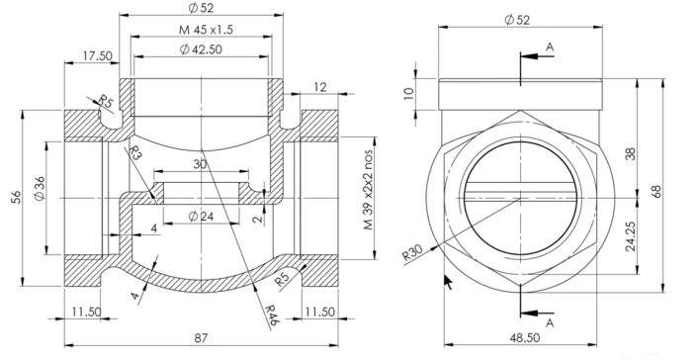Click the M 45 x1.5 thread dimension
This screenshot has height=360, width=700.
[x=206, y=30]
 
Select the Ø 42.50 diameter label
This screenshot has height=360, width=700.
[x=201, y=49]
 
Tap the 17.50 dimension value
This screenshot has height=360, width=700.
[x=97, y=55]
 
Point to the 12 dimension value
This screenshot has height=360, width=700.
[x=320, y=87]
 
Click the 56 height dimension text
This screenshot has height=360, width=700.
[x=16, y=197]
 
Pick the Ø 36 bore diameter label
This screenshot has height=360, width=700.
[x=40, y=189]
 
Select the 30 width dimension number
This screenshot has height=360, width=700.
[x=200, y=164]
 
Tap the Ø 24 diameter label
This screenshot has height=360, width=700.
[x=201, y=217]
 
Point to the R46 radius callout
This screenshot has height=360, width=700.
[x=272, y=315]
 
